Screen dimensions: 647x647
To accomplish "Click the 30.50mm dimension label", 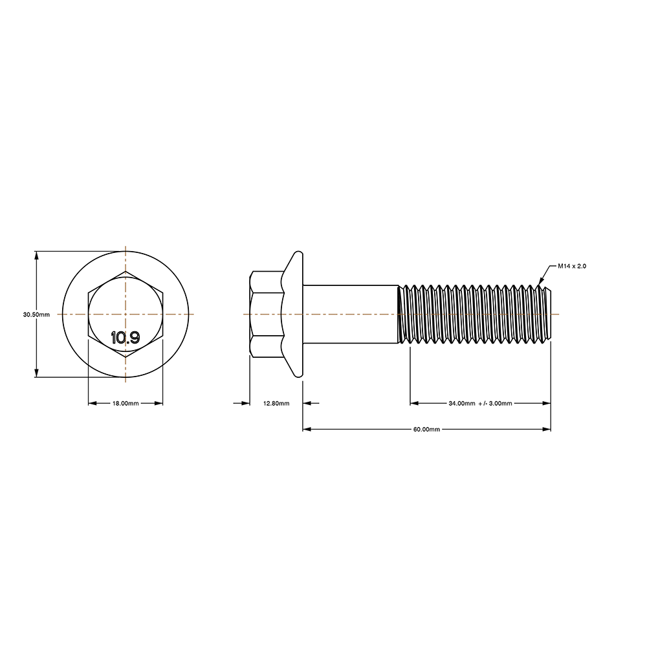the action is [x=36, y=314].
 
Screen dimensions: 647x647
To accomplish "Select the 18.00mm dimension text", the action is [x=126, y=403].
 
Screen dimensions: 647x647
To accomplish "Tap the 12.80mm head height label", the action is [x=276, y=403].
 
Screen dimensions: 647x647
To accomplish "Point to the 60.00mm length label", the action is [x=426, y=429].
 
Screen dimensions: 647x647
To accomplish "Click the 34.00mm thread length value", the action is [x=462, y=403].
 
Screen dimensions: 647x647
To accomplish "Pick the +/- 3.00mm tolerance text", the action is [x=495, y=403].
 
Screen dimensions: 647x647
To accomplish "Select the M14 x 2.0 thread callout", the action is [x=572, y=266].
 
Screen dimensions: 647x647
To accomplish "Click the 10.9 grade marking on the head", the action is [x=126, y=338].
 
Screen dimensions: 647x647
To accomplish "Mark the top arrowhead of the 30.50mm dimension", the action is [x=37, y=255].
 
